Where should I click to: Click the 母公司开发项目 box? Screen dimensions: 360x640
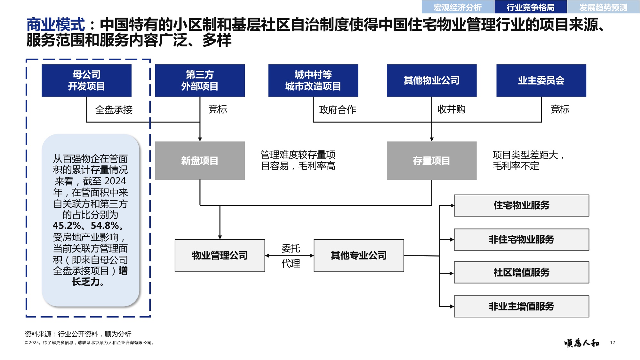[86, 80]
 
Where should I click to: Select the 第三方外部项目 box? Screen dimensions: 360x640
[200, 80]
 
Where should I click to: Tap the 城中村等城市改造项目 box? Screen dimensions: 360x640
[313, 80]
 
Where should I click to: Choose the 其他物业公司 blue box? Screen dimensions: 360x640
[431, 80]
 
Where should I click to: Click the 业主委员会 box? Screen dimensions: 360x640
[541, 80]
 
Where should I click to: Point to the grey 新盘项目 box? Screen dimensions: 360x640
[200, 161]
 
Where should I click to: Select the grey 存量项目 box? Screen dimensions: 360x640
[431, 161]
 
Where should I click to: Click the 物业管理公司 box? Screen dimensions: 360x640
[220, 255]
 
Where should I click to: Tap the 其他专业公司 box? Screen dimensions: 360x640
[359, 255]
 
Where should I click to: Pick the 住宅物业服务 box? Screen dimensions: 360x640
[521, 205]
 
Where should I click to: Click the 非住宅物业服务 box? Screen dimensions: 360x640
[521, 239]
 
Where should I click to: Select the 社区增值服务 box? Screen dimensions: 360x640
[521, 272]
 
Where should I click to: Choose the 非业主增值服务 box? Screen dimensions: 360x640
[521, 306]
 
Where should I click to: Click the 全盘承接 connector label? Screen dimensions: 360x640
[114, 110]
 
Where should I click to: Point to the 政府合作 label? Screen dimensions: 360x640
[337, 110]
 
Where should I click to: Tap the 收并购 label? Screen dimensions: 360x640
[451, 109]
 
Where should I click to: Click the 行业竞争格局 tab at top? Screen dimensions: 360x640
[530, 7]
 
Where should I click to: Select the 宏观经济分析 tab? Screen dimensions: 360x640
[457, 7]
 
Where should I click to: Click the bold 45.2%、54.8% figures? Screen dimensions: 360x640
[86, 226]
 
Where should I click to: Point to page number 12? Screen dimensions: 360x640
[612, 342]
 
